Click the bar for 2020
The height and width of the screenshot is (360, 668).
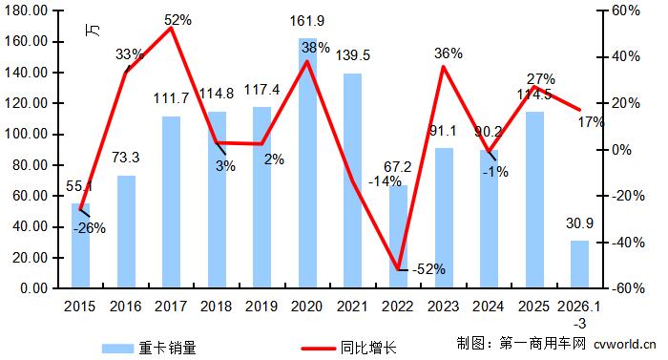tap(307, 162)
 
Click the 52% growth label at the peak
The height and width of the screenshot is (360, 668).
tap(178, 18)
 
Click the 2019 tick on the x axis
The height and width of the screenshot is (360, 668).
tap(261, 305)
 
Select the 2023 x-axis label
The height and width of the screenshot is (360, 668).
tap(444, 305)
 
